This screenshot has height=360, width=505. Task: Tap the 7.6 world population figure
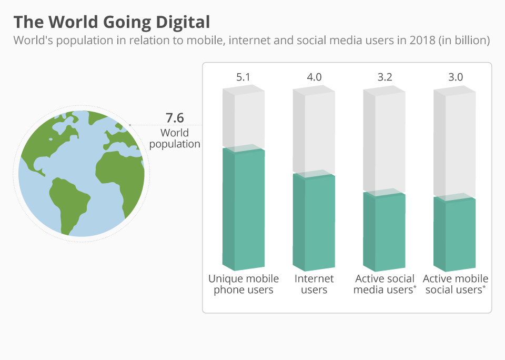(x=175, y=118)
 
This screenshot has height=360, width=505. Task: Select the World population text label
(x=175, y=138)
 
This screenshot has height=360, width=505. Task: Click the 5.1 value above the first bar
(x=243, y=77)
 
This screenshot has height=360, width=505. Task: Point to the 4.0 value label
(x=314, y=77)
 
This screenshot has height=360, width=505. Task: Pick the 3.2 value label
(x=385, y=77)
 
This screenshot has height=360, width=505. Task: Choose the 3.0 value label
(x=455, y=77)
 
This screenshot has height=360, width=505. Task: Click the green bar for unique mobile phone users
(x=244, y=211)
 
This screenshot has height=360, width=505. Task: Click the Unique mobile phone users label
(x=244, y=284)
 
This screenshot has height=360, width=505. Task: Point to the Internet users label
(x=314, y=284)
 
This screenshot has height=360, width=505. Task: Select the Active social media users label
(x=385, y=284)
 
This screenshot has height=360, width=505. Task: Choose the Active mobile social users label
(x=455, y=284)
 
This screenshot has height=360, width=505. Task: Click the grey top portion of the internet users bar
(x=314, y=132)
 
